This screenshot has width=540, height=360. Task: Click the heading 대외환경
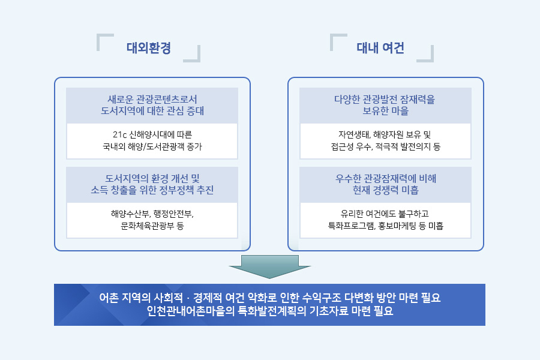point(148,48)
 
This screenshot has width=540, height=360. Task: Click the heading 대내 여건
point(380,48)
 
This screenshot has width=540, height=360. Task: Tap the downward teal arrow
point(269,266)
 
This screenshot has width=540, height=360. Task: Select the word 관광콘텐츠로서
point(167,100)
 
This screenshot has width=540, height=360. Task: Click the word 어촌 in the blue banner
point(109,298)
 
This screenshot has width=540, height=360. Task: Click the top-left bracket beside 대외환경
point(104,41)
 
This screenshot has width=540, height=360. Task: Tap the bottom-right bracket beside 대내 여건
point(425,54)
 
